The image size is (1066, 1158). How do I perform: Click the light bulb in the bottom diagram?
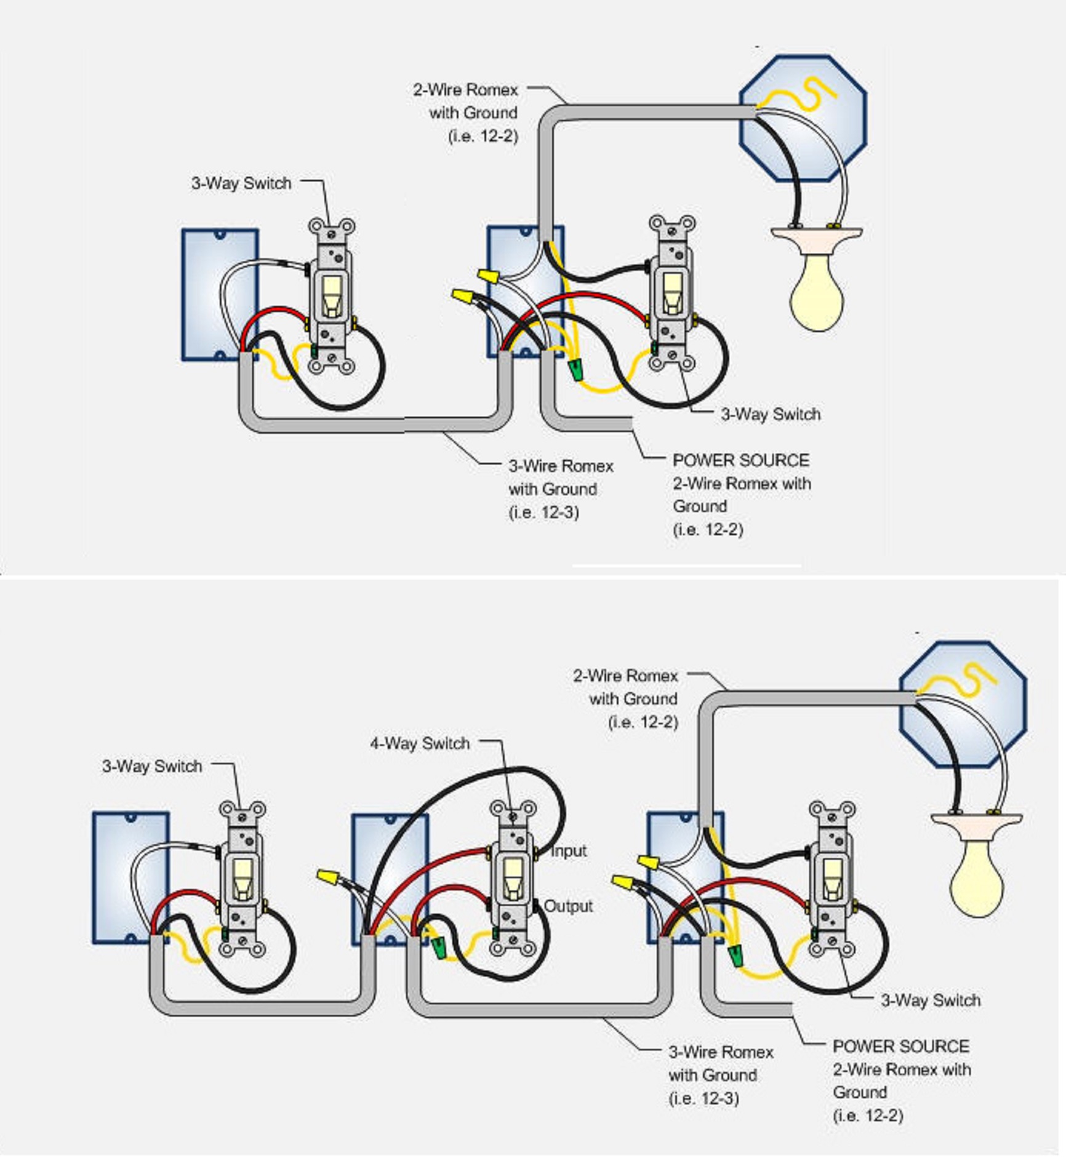pyautogui.click(x=977, y=879)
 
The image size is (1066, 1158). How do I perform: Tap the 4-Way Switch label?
pyautogui.click(x=420, y=743)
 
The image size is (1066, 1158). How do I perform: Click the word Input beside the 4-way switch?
pyautogui.click(x=569, y=851)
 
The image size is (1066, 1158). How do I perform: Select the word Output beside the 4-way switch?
pyautogui.click(x=569, y=906)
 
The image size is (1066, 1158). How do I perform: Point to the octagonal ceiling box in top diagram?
pyautogui.click(x=803, y=119)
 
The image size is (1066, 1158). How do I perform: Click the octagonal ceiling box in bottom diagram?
pyautogui.click(x=963, y=705)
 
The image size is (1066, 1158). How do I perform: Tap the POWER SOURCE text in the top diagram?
pyautogui.click(x=740, y=460)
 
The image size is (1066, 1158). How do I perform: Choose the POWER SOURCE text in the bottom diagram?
pyautogui.click(x=900, y=1046)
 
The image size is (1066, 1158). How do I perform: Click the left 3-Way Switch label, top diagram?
pyautogui.click(x=241, y=183)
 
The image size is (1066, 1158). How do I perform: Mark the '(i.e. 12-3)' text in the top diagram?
pyautogui.click(x=543, y=512)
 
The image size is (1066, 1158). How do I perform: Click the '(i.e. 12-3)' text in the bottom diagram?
pyautogui.click(x=703, y=1098)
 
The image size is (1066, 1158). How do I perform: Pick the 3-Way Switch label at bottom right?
pyautogui.click(x=930, y=1000)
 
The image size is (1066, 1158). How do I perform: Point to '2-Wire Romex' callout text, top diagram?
pyautogui.click(x=465, y=90)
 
